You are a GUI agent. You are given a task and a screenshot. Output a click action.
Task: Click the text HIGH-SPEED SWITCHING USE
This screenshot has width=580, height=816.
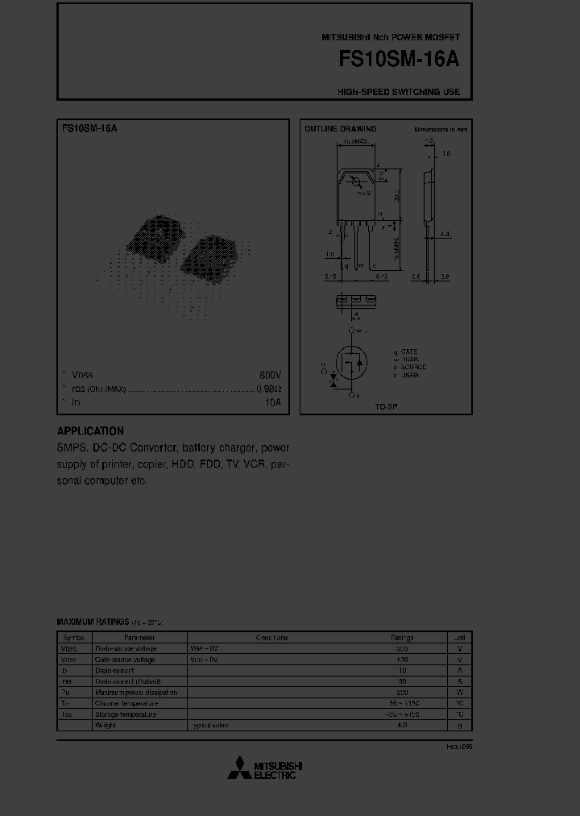click(399, 92)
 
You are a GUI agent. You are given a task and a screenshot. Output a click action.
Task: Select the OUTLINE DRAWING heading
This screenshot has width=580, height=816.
click(340, 129)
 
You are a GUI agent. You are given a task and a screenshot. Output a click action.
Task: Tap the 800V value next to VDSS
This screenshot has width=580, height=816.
click(270, 376)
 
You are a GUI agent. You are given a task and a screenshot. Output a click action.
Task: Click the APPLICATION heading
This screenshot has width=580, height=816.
click(90, 431)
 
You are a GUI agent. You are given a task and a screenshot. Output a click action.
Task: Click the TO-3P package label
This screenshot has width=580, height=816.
click(387, 407)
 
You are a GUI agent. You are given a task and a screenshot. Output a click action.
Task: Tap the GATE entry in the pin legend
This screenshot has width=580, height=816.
click(407, 352)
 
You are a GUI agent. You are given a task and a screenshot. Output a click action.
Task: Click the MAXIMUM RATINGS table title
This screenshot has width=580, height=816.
click(93, 622)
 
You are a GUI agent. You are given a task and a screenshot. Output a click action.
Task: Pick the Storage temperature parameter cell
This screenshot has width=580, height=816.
click(125, 714)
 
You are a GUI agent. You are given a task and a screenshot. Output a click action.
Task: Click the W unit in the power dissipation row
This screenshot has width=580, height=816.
click(459, 692)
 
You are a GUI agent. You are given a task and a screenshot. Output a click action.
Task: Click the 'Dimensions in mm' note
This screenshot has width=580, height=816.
click(441, 129)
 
